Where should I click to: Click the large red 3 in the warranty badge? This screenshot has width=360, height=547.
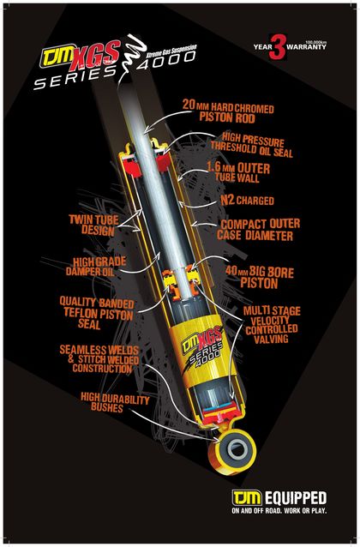[278, 47]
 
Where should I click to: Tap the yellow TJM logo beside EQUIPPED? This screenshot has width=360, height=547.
[247, 497]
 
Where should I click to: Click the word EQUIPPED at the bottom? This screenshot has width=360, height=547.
[296, 498]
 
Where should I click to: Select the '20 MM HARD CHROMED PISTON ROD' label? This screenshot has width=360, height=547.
[228, 111]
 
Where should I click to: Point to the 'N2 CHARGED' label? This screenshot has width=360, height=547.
[247, 201]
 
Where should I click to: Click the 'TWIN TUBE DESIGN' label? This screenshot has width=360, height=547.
[93, 225]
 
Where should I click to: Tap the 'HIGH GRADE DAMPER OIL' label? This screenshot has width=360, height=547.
[95, 267]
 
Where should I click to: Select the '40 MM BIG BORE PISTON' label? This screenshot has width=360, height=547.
[260, 277]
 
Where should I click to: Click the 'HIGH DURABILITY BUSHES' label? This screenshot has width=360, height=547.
[115, 402]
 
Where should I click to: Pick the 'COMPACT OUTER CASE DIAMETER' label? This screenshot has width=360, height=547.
[258, 230]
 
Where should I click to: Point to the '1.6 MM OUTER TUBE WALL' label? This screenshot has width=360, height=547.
[238, 171]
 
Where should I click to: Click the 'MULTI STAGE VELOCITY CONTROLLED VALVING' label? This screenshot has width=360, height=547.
[272, 325]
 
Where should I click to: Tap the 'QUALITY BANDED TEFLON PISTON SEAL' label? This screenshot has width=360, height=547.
[97, 313]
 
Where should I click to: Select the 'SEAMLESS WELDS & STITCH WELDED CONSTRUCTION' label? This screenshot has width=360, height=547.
[99, 359]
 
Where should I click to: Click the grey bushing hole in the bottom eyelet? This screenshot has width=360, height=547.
[238, 448]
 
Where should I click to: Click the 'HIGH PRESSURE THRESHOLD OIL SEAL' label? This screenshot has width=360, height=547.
[251, 144]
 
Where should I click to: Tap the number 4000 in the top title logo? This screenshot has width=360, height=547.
[166, 60]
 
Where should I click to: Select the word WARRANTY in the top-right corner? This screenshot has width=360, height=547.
[307, 46]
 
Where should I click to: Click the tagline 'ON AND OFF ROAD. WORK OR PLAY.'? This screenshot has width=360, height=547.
[279, 511]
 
